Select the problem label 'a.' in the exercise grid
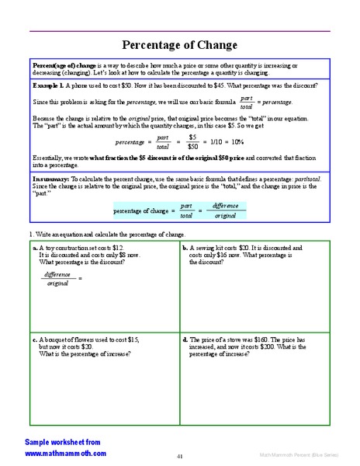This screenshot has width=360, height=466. click(x=36, y=248)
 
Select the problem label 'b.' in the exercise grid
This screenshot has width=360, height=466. click(x=185, y=248)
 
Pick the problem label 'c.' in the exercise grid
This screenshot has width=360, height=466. click(x=36, y=339)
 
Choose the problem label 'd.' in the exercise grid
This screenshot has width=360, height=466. click(x=185, y=339)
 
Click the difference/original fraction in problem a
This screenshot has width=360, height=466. click(x=58, y=279)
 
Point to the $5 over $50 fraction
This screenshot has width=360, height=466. click(x=192, y=141)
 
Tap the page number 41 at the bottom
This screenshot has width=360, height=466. click(x=180, y=456)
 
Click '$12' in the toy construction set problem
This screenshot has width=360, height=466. click(x=119, y=248)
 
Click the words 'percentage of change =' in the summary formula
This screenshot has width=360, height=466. click(x=144, y=210)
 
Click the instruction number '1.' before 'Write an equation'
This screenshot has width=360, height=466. click(x=31, y=234)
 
